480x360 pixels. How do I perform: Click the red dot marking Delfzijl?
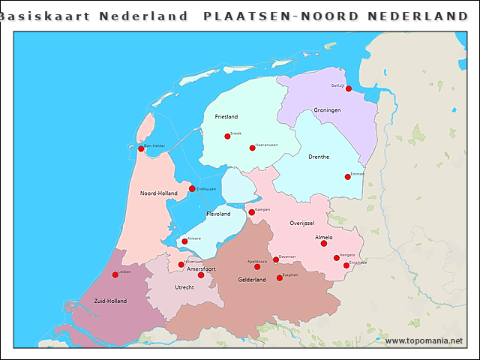[349, 88]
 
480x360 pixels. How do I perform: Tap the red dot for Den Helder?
[141, 148]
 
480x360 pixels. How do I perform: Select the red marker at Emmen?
[348, 177]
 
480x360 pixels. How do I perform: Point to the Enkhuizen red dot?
[192, 189]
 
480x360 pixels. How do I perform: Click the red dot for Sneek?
[227, 136]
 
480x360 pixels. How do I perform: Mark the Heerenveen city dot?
[252, 148]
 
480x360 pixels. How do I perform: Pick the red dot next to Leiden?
[115, 274]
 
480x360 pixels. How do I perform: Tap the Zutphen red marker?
[280, 278]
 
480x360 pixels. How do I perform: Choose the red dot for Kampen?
[252, 212]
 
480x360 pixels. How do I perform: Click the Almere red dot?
[184, 241]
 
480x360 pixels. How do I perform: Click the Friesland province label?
[226, 117]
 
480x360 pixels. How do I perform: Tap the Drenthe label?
[319, 157]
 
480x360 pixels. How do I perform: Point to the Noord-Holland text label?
[158, 193]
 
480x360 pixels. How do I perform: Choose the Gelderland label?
[252, 280]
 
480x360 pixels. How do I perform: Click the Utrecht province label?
[184, 287]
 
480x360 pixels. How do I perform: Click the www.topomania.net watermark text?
[424, 340]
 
